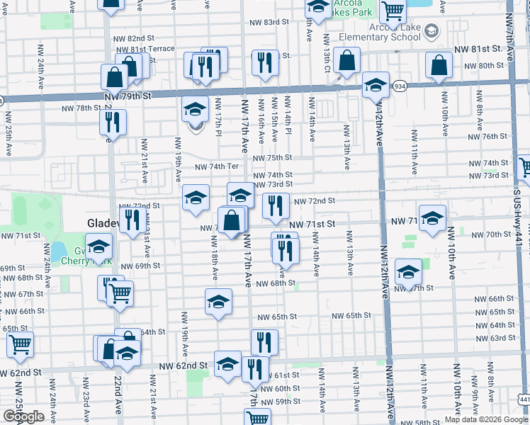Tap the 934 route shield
point(400,86)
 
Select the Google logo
point(23,416)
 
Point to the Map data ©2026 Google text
point(486,419)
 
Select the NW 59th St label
point(282,401)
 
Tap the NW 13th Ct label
point(327,54)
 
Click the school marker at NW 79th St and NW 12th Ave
point(376,86)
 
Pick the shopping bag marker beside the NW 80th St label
point(439,64)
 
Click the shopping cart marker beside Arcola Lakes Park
point(392,11)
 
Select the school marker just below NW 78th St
point(195,110)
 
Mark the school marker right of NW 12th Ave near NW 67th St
point(407,272)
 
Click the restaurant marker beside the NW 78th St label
point(113,123)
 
